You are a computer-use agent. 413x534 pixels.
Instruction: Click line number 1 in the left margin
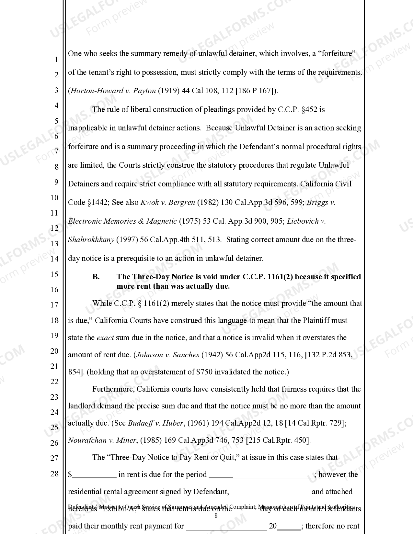[x=56, y=60]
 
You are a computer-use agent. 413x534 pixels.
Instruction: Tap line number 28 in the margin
[x=54, y=474]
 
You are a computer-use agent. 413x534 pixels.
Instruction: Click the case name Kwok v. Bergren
[x=167, y=203]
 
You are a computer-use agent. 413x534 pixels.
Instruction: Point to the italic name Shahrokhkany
[x=91, y=240]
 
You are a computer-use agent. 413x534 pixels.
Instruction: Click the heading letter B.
[x=96, y=277]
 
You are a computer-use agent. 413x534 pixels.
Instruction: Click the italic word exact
[x=105, y=338]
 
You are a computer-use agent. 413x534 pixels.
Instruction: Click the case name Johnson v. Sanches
[x=167, y=355]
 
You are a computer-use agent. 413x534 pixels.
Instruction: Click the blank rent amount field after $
[x=94, y=475]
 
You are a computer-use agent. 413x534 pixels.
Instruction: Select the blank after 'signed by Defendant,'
[x=271, y=492]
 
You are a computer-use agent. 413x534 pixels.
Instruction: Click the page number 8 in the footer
[x=216, y=516]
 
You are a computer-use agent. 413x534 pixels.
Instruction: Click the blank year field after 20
[x=289, y=526]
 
